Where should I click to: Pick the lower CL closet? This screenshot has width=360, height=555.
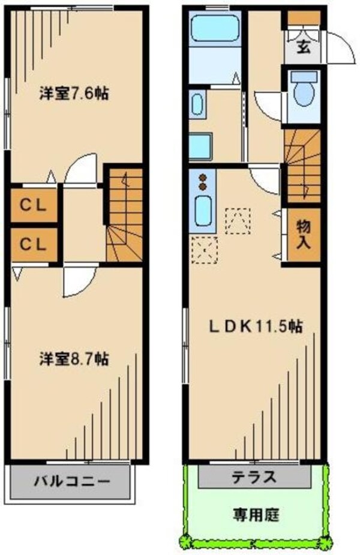34,244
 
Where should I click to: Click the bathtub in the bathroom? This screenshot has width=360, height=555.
215,28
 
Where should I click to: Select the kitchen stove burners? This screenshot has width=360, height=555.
203,182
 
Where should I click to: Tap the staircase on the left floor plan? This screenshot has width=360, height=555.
125,216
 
